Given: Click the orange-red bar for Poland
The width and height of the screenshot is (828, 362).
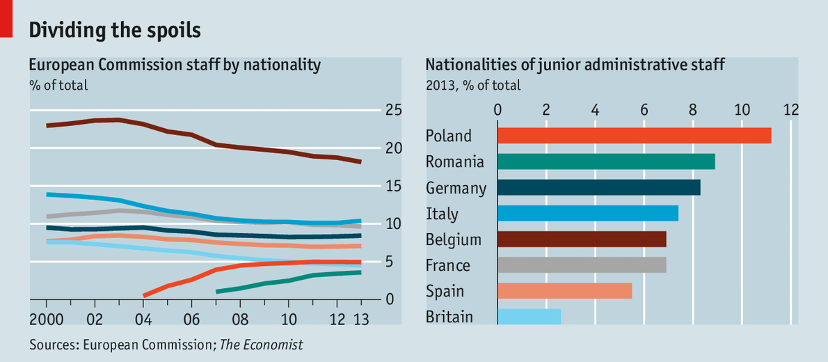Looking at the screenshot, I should (634, 136).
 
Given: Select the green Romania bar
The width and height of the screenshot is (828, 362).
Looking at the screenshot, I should (606, 162).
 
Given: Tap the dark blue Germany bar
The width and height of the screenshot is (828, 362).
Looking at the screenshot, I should (598, 187).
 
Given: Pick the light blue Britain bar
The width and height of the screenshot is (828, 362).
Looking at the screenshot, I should (530, 317).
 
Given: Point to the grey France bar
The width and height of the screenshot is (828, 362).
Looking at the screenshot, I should (582, 265).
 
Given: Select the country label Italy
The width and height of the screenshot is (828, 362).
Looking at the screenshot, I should (442, 214).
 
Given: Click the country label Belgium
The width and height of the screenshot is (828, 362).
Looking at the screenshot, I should (453, 240).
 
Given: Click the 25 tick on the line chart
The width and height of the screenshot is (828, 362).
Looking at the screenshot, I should (393, 111).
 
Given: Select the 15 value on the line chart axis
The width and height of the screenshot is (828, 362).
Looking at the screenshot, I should (393, 187).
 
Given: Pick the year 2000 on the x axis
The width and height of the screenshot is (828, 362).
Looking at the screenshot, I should (46, 321).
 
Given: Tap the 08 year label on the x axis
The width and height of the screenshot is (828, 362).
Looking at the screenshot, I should (240, 321).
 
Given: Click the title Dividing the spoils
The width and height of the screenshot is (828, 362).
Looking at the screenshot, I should (114, 30).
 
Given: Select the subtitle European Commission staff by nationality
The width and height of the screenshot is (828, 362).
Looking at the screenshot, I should (174, 65).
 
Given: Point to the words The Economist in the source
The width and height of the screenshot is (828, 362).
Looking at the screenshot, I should (262, 345).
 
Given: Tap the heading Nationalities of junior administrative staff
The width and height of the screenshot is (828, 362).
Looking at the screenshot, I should (575, 65).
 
